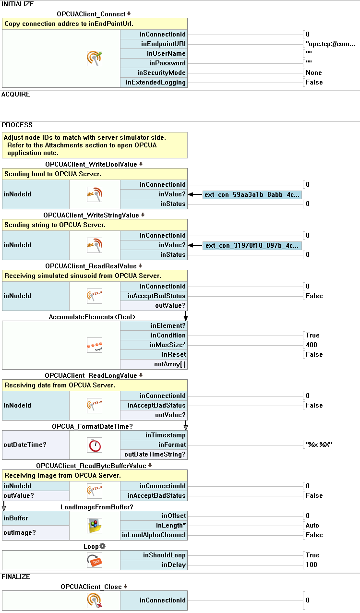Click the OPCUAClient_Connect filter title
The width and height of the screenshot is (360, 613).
click(91, 14)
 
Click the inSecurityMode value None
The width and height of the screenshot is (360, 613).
click(314, 72)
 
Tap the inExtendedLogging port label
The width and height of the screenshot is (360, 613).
click(156, 82)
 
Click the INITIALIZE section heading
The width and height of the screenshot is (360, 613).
click(18, 4)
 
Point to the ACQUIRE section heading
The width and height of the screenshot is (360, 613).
click(15, 94)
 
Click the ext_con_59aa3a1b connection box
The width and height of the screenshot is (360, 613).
click(252, 194)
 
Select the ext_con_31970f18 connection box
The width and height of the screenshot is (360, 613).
click(252, 245)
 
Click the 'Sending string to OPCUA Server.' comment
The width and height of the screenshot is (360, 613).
click(55, 225)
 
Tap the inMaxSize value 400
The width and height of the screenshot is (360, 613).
click(312, 345)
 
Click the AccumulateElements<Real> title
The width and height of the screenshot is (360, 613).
click(92, 317)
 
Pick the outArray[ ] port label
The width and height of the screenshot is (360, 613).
click(170, 364)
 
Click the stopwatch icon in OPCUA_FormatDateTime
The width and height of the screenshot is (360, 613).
click(95, 445)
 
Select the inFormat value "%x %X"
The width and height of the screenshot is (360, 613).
click(319, 445)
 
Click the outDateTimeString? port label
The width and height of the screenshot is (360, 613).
click(155, 454)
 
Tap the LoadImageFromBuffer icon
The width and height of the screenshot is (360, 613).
click(95, 526)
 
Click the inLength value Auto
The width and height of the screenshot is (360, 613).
click(312, 525)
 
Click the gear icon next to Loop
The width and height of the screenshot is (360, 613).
click(102, 546)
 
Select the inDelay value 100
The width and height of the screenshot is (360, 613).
click(312, 565)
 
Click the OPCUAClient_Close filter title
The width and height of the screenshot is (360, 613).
click(91, 587)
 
